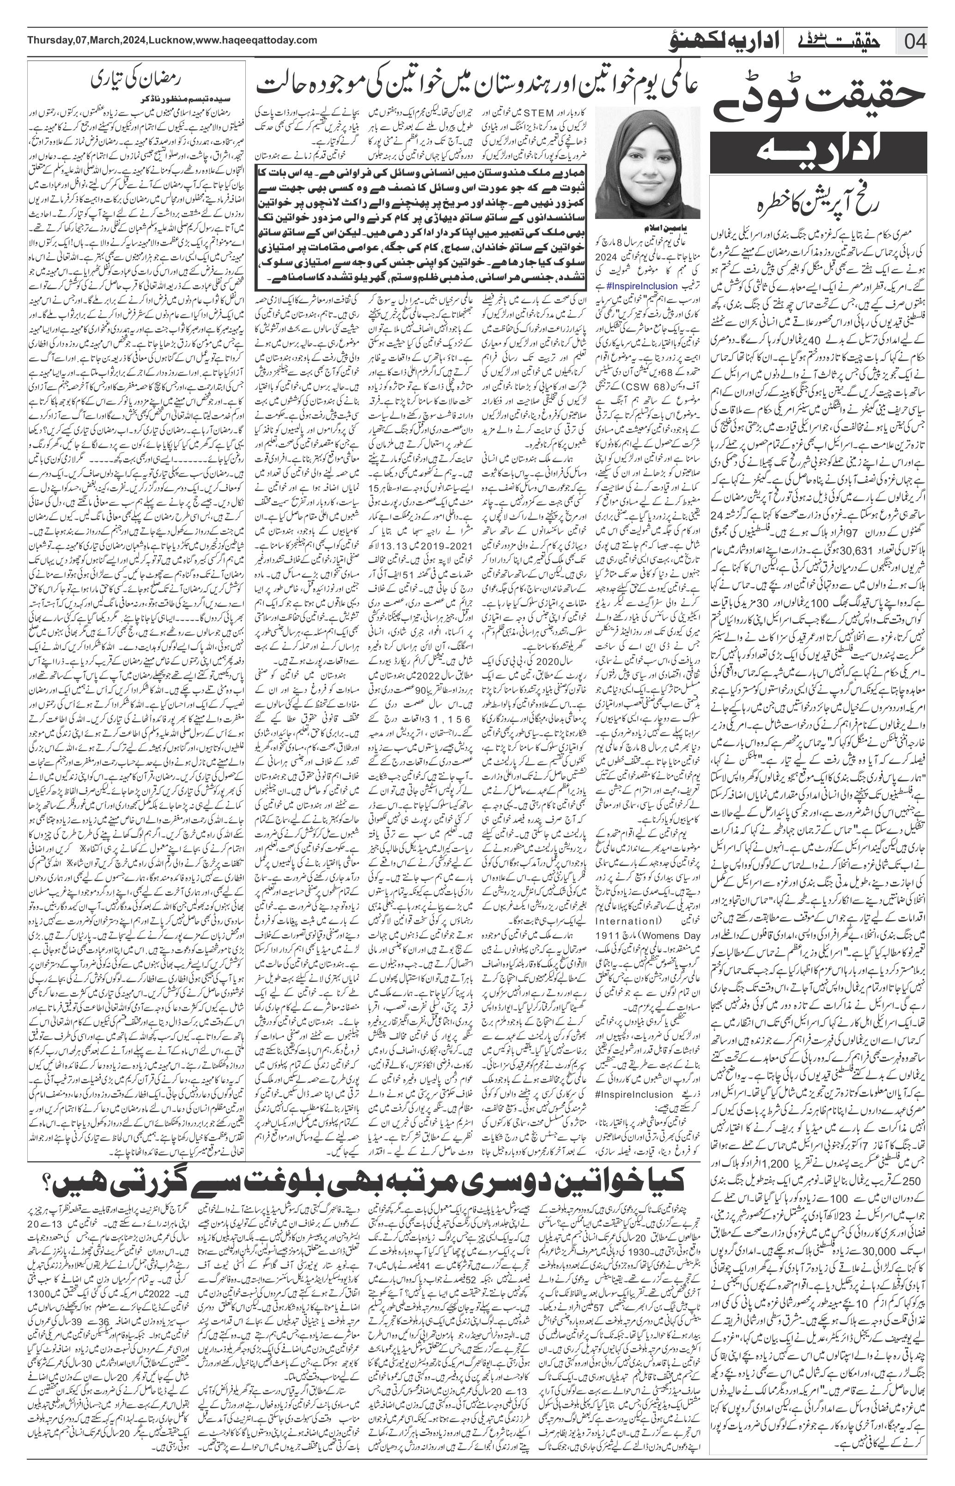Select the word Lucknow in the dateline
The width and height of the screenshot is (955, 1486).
pos(171,40)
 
